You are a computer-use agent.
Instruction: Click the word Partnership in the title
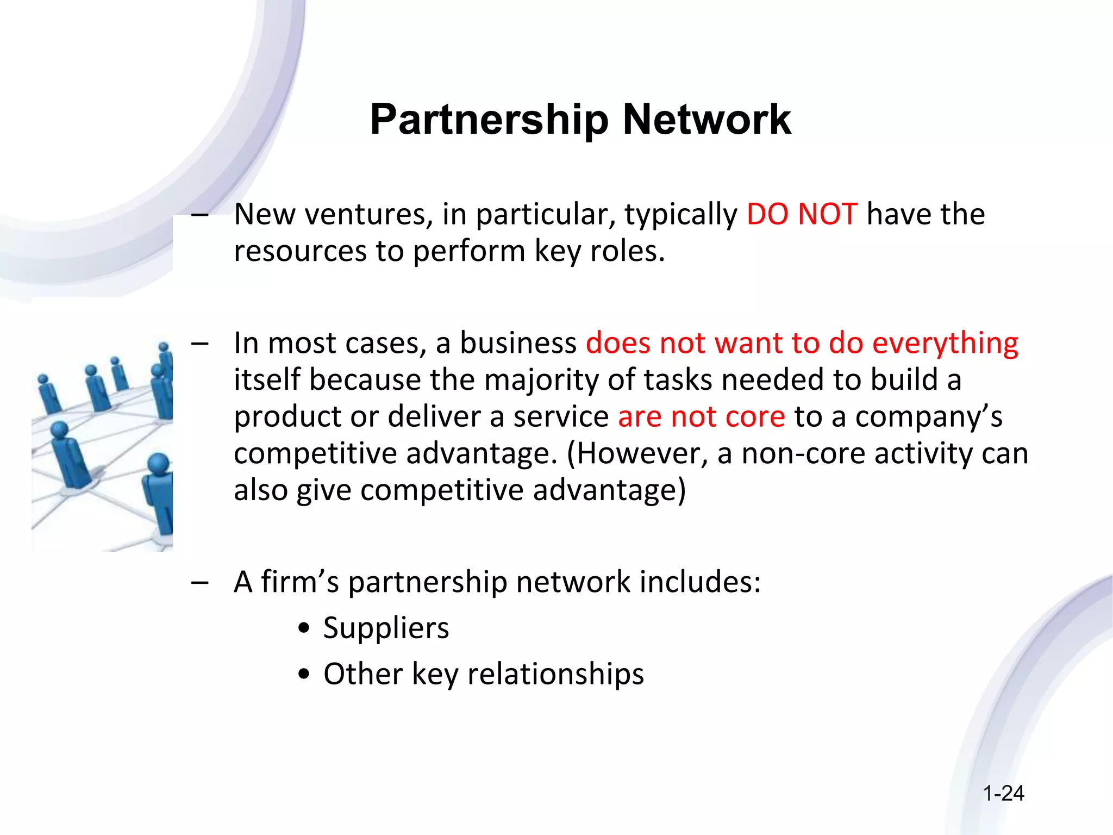point(489,120)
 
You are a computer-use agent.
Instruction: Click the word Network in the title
point(706,120)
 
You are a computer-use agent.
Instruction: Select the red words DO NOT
point(802,214)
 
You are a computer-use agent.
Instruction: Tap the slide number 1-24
point(1003,794)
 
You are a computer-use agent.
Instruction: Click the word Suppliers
point(386,628)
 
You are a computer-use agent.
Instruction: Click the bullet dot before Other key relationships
point(304,675)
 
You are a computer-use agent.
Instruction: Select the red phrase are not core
point(701,417)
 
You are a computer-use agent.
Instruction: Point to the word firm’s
point(300,582)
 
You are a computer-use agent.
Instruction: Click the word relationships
point(555,674)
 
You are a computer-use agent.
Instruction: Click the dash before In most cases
point(200,344)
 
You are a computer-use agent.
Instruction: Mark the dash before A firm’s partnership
point(200,582)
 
